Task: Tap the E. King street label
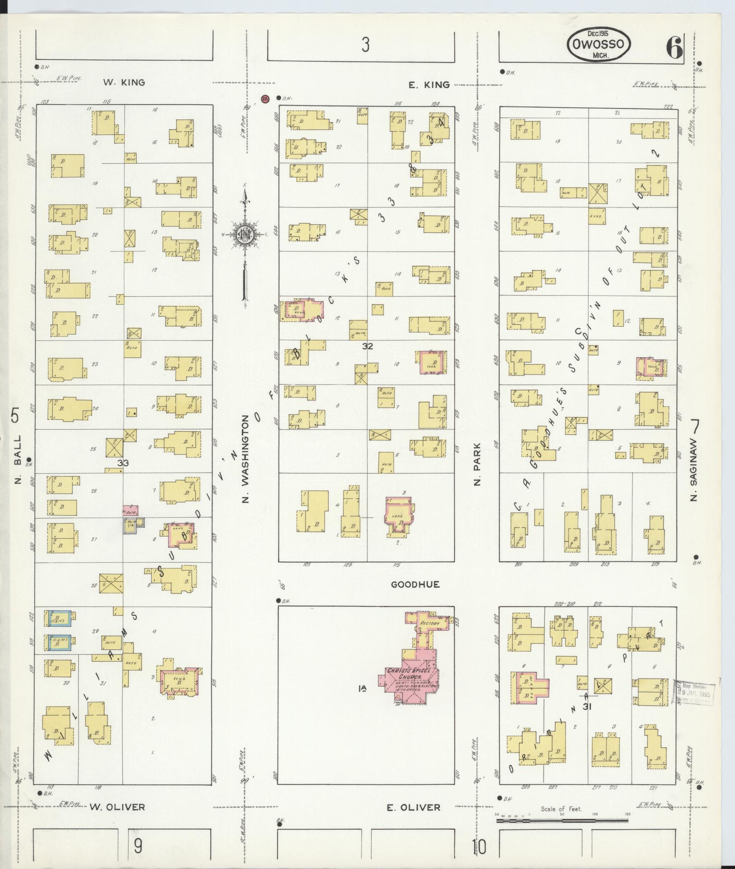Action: pos(429,84)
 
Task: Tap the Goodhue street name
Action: pos(415,584)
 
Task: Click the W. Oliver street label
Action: pos(117,807)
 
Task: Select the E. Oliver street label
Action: pos(413,807)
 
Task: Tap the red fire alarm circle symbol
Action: pos(265,98)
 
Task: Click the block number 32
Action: pos(368,346)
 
